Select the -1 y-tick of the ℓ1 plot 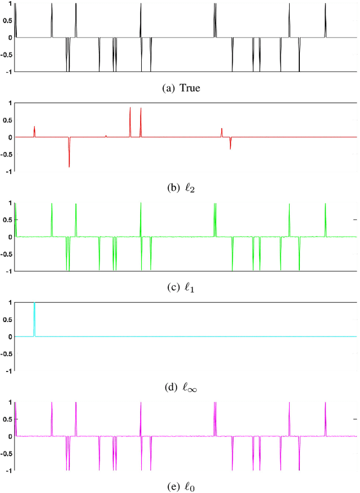coord(7,271)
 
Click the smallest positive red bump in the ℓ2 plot coord(106,136)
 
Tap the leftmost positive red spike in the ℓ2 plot coord(34,131)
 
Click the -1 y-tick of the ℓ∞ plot coord(7,371)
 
